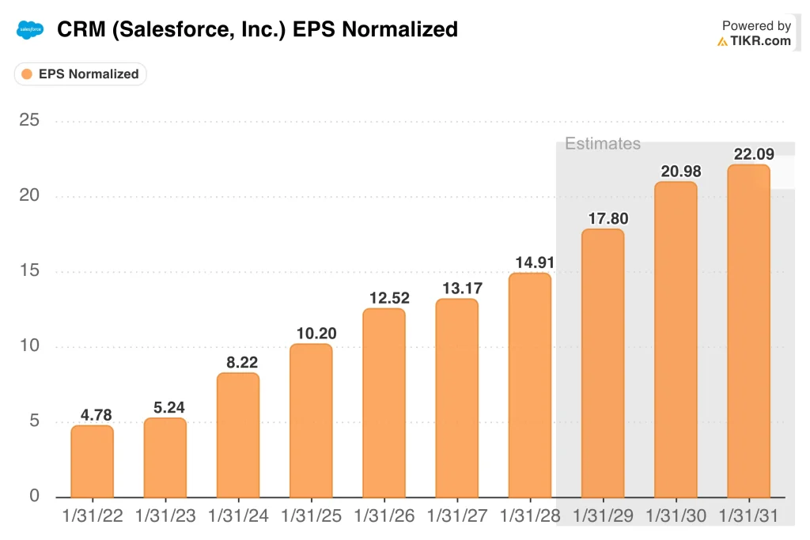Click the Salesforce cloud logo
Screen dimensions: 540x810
pyautogui.click(x=29, y=30)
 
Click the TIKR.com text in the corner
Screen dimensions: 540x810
pyautogui.click(x=760, y=41)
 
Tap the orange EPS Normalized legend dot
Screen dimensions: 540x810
pyautogui.click(x=27, y=74)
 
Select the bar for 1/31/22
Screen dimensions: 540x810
pyautogui.click(x=93, y=461)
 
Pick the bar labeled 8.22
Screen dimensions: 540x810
pyautogui.click(x=238, y=435)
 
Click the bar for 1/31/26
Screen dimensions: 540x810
pyautogui.click(x=384, y=402)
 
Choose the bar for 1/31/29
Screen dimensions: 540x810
pyautogui.click(x=603, y=363)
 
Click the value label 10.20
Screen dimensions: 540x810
pyautogui.click(x=311, y=332)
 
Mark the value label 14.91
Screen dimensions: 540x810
pyautogui.click(x=529, y=261)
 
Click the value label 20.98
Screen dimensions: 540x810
pyautogui.click(x=676, y=170)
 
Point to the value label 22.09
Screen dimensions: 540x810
pyautogui.click(x=748, y=153)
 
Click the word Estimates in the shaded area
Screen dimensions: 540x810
pyautogui.click(x=602, y=144)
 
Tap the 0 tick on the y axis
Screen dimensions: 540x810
pyautogui.click(x=34, y=497)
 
